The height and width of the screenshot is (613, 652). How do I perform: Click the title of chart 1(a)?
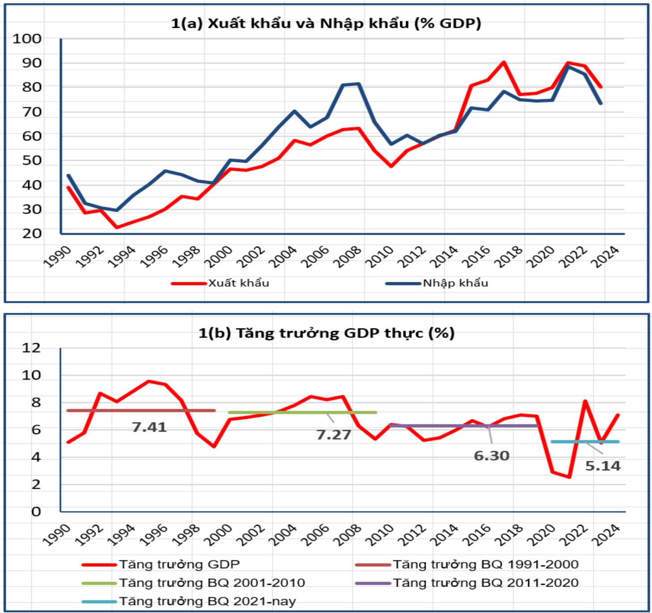326,23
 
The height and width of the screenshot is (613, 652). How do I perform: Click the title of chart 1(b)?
326,333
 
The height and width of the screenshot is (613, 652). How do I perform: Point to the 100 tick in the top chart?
27,39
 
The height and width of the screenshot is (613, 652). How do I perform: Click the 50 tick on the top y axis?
32,161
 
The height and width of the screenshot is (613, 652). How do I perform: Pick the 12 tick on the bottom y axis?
31,348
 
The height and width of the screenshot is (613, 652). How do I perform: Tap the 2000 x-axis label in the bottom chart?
219,535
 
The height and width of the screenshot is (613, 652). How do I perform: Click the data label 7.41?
149,427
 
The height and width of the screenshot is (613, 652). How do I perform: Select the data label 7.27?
334,435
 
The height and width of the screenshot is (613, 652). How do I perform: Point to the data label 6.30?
491,456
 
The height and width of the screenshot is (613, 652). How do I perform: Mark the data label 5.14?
603,466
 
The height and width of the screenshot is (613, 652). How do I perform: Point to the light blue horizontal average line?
568,442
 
